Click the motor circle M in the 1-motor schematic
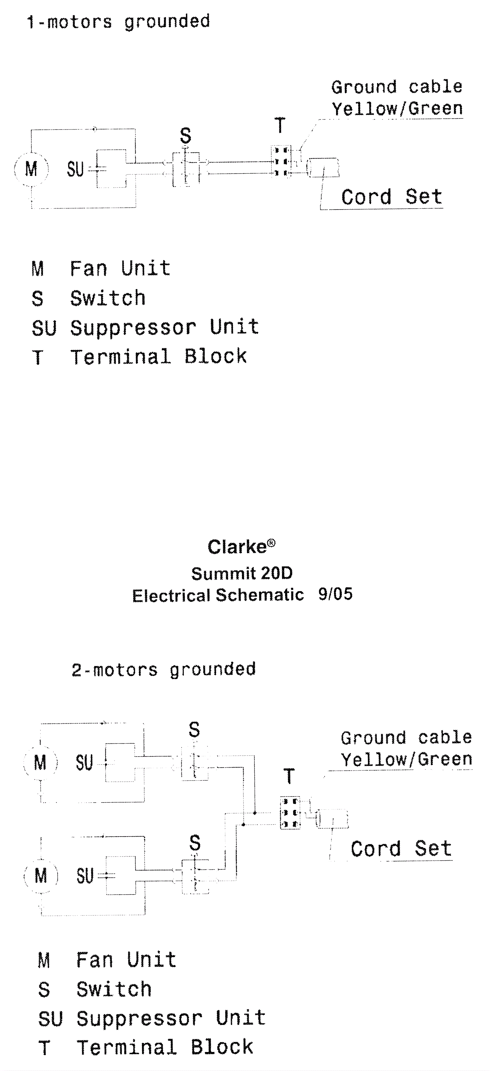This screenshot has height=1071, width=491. pos(31,169)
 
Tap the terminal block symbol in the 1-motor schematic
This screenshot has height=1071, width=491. pos(280,161)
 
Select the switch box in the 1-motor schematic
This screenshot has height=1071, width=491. pos(186,168)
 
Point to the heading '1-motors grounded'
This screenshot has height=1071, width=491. pos(119,21)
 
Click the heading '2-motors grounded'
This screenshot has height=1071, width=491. pos(163,670)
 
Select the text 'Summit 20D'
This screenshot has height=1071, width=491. pos(242,574)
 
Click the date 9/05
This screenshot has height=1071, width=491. pos(335,594)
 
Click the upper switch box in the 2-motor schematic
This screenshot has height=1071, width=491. pos(195,763)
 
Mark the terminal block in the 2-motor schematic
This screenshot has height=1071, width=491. pos(290,813)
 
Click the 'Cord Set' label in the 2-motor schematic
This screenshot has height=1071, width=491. pos(401,849)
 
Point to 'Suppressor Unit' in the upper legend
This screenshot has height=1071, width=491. pos(164,328)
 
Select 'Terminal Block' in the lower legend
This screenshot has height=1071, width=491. pos(164,1047)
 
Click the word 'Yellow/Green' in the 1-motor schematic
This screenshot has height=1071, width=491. pos(397,109)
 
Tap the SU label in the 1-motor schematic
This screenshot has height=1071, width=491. pos(75,169)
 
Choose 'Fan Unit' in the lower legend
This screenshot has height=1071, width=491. pos(126,960)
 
